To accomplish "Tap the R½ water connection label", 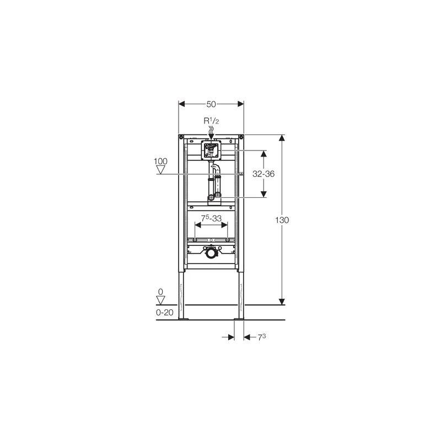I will (x=210, y=121).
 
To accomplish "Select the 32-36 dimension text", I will (x=263, y=174).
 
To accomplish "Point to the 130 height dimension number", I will (x=282, y=219).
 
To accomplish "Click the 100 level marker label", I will (x=160, y=161).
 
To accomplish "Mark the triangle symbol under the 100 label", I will (x=160, y=170).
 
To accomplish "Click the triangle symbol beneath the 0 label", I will (x=160, y=300).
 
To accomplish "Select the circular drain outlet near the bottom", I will (x=211, y=254).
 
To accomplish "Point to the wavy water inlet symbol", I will (x=211, y=131).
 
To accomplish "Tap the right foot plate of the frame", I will (x=239, y=318).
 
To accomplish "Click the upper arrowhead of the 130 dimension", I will (x=282, y=138).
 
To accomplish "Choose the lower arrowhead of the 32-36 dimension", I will (x=263, y=193).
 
